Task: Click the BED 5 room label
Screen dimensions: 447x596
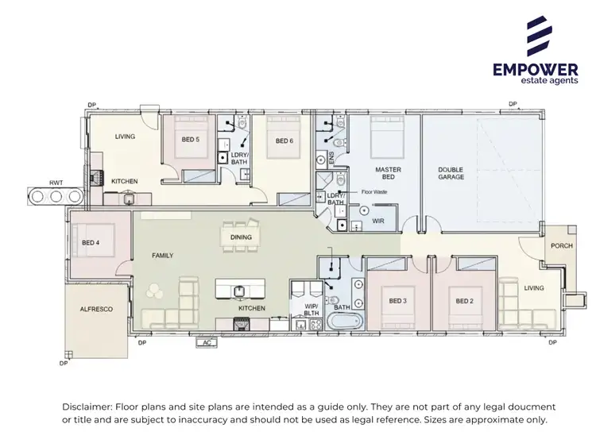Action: [x=190, y=140]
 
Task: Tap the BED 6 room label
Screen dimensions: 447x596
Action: [x=284, y=141]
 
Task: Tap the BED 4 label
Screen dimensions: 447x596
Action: [x=90, y=243]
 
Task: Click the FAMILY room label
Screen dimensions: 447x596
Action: [x=163, y=256]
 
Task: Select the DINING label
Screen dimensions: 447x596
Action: [x=241, y=237]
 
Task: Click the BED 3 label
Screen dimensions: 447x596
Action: [x=398, y=301]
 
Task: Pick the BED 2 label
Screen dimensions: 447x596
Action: [x=465, y=301]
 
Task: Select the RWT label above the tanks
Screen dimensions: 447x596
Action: [x=56, y=183]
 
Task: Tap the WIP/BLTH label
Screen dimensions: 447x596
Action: [x=311, y=310]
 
